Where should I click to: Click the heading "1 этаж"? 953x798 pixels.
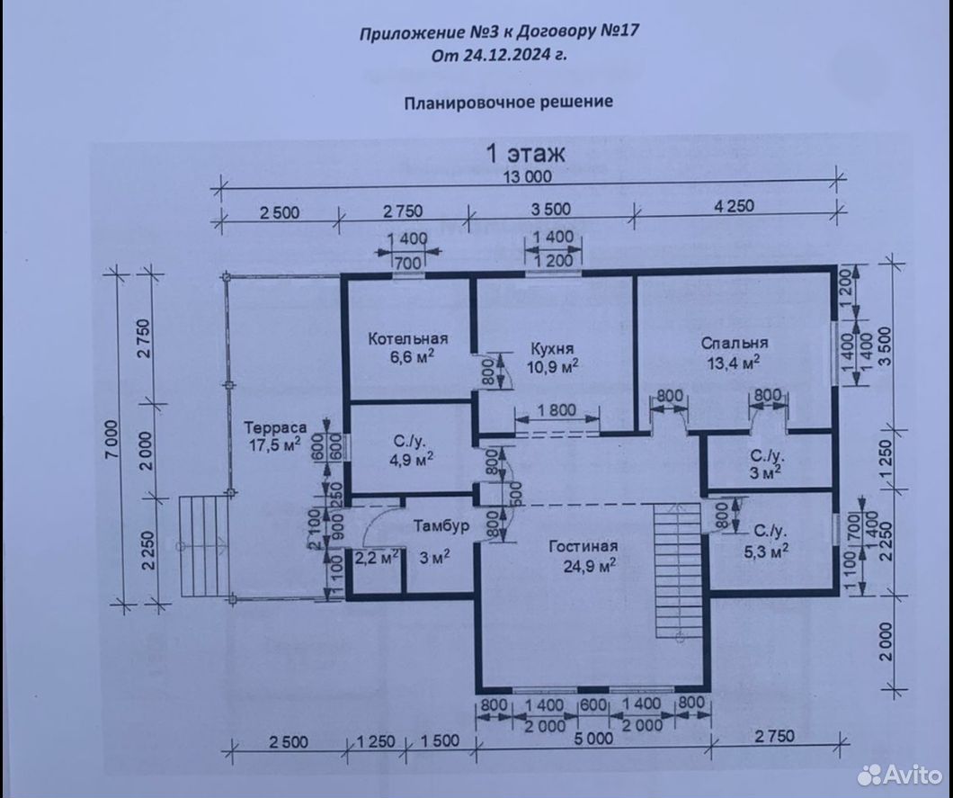[x=526, y=153]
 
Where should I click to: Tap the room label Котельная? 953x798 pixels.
[x=408, y=339]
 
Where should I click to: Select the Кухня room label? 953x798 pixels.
[x=553, y=348]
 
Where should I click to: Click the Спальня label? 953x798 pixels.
[x=735, y=343]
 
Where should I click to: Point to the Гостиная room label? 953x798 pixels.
[x=583, y=547]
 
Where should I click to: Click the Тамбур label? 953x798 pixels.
[x=441, y=526]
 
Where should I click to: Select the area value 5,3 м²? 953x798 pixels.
[x=766, y=551]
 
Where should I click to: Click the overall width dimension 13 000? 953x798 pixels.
[x=528, y=176]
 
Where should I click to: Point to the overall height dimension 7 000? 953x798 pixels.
[x=112, y=441]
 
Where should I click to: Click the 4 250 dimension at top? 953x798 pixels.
[x=734, y=206]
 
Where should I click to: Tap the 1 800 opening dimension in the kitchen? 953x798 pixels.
[x=557, y=410]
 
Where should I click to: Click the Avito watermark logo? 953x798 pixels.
[x=900, y=775]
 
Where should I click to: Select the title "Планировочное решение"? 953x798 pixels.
[x=509, y=102]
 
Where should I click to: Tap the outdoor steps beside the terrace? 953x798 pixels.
[x=204, y=546]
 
